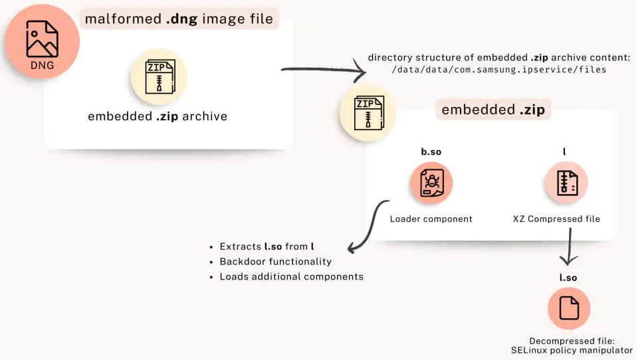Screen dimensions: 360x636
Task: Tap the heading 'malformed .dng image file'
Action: [x=179, y=19]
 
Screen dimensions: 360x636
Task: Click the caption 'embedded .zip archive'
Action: [x=158, y=116]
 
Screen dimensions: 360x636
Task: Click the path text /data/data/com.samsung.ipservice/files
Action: [x=499, y=69]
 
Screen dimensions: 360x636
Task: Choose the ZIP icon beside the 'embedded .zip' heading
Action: [x=368, y=112]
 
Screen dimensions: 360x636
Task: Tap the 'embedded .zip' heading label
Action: [x=492, y=110]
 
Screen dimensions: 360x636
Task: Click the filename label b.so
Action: [x=431, y=151]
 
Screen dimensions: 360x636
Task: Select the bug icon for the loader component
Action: [x=431, y=183]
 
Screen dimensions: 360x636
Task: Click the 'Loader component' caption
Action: [x=431, y=219]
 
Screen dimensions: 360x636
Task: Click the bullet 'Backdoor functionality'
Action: [x=275, y=261]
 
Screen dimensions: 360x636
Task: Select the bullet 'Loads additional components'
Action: [x=291, y=276]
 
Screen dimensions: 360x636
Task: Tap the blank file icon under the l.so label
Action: [x=569, y=308]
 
